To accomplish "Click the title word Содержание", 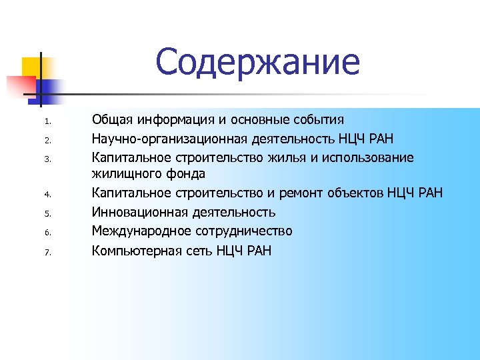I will (257, 62).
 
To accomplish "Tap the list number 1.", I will (47, 122).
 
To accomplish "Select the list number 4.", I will (47, 195).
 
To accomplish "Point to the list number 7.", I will (47, 253).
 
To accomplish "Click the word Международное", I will (142, 231).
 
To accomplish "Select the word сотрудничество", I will (244, 231).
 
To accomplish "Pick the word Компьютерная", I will (137, 251).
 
